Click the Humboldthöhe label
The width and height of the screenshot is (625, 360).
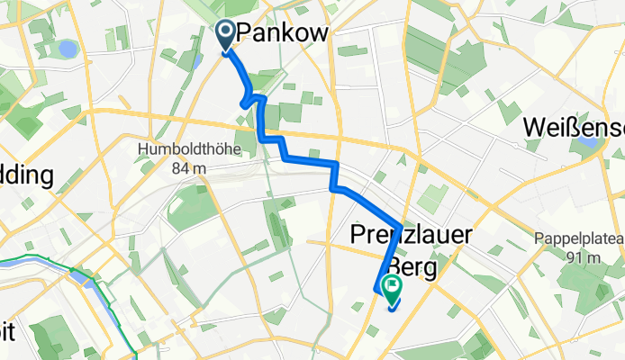[x=188, y=149]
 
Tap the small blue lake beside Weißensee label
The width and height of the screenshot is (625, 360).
[x=590, y=142]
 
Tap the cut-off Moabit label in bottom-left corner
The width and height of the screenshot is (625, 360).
[x=7, y=332]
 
